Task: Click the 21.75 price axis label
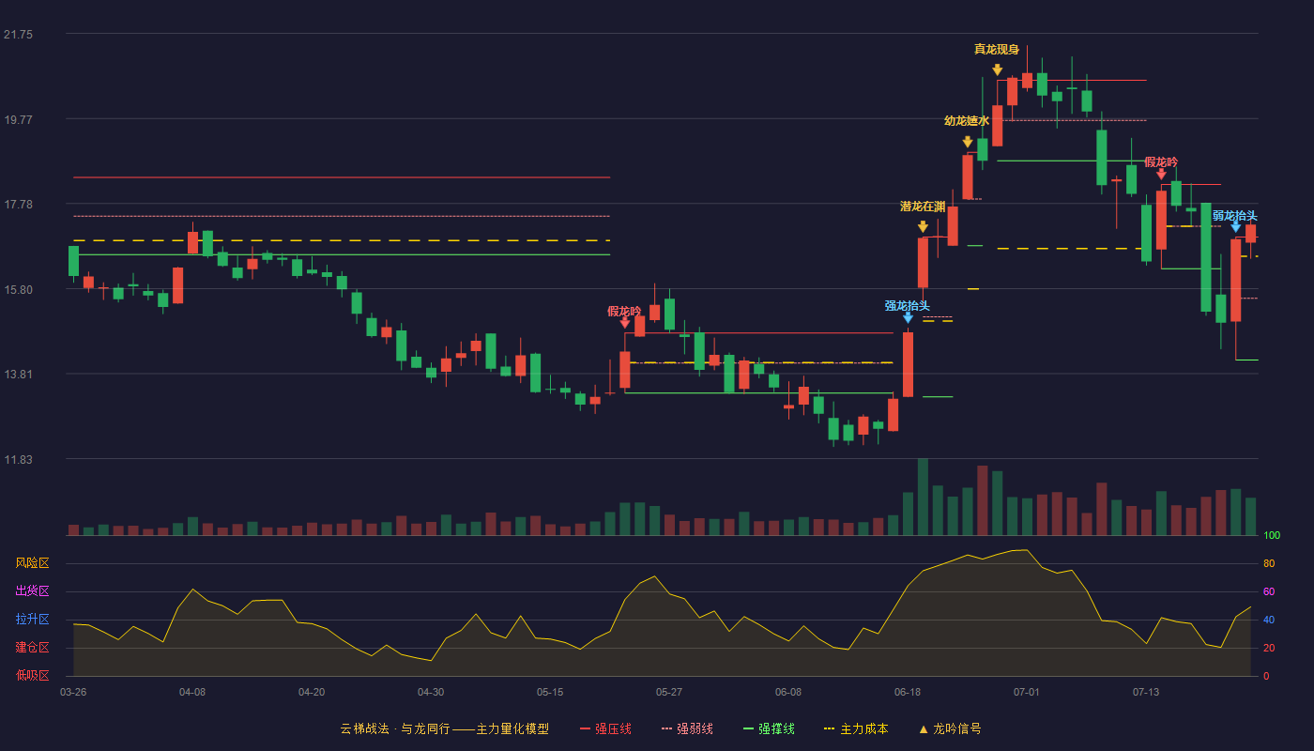[18, 35]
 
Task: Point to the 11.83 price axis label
[18, 459]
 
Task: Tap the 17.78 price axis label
[18, 205]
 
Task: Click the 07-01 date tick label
[1026, 693]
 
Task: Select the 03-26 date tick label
[73, 693]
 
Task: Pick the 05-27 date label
[668, 693]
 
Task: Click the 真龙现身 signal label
[997, 49]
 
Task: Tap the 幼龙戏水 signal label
[967, 121]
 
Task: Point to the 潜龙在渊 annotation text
[923, 207]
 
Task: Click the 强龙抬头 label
[907, 306]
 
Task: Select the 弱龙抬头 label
[1235, 216]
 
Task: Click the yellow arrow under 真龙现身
[997, 69]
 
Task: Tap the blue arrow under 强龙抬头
[908, 318]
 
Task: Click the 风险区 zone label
[32, 562]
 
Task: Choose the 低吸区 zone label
[32, 675]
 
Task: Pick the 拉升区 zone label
[32, 619]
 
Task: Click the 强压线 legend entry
[605, 728]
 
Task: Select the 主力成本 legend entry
[856, 728]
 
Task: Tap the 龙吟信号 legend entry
[950, 728]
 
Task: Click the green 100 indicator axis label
[1272, 535]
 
